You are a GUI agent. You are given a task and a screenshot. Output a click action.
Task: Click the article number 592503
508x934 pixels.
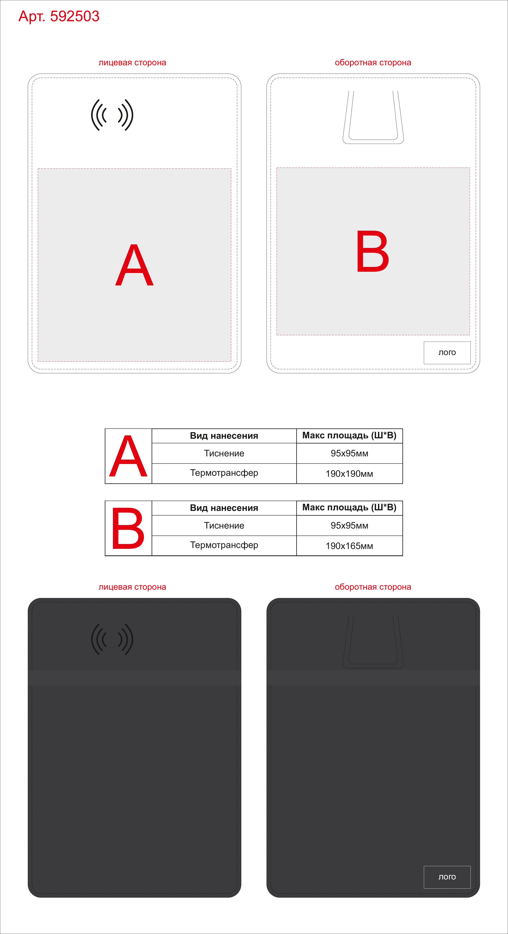(75, 16)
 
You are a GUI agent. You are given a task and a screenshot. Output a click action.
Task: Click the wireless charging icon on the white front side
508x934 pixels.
(112, 115)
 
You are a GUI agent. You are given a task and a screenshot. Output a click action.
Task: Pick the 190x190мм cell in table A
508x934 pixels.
(349, 473)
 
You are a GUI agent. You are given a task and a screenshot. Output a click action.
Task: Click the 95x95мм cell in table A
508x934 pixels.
(349, 453)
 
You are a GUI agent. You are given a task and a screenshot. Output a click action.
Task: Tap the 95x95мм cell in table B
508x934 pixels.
(349, 525)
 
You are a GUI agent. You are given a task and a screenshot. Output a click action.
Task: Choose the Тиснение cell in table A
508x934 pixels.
(224, 453)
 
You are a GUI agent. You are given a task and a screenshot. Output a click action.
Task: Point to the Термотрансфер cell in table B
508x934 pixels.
(224, 545)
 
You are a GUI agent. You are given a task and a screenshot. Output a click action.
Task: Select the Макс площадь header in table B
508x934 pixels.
(349, 508)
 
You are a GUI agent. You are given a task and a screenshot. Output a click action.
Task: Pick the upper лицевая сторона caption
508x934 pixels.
(132, 63)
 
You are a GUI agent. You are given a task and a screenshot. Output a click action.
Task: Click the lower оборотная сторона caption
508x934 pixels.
(373, 587)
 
